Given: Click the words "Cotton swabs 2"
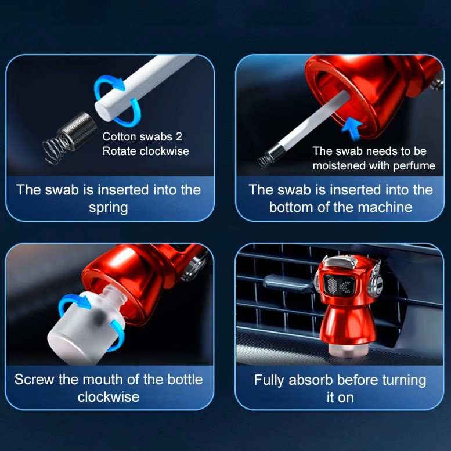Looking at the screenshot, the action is (x=142, y=136).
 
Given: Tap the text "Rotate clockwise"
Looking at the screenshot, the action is (x=146, y=151).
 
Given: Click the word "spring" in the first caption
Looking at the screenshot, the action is (x=109, y=208).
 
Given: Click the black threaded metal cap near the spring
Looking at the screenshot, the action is (x=78, y=130).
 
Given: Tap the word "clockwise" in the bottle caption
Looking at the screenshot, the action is (x=109, y=397).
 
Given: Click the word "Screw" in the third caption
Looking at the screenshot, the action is (x=34, y=380).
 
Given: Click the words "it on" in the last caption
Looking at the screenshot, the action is (x=340, y=398).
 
